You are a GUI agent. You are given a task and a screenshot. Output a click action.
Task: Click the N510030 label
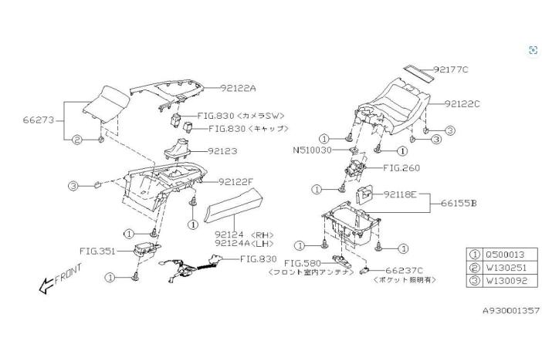click(x=313, y=150)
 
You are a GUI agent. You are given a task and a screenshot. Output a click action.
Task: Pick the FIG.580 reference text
click(x=301, y=263)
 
